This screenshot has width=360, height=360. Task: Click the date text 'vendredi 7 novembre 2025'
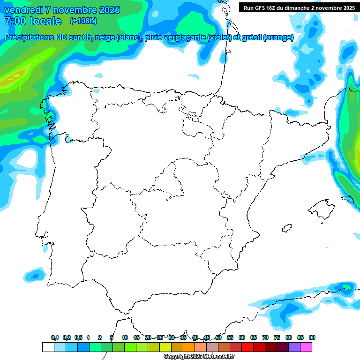pos(62,10)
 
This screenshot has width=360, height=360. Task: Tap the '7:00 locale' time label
pos(33,21)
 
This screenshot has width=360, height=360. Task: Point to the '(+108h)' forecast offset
pos(83,21)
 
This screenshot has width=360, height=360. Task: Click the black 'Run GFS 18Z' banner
pos(299,7)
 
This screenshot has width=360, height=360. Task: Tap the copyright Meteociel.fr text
pos(199,357)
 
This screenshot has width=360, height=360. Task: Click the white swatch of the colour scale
pos(48,347)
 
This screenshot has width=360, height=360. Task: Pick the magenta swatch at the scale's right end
pos(307,347)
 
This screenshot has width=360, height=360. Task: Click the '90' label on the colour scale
pos(312,337)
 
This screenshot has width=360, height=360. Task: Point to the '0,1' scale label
pos(55,337)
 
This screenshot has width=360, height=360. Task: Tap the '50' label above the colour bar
pos(218,337)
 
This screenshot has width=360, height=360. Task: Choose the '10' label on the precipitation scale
pos(125,337)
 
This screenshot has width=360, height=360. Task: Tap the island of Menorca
pos(347,199)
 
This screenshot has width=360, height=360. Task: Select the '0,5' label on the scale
pos(78,337)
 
